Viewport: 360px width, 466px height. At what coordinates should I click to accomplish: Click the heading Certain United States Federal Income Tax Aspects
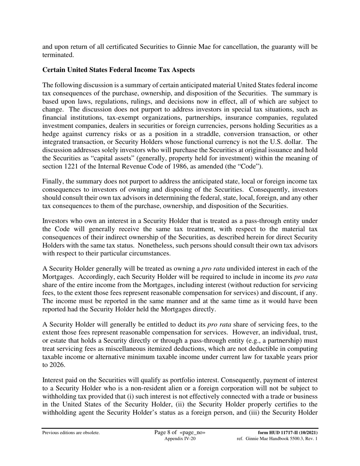point(119,70)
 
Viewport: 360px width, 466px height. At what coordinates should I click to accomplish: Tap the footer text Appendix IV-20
point(180,439)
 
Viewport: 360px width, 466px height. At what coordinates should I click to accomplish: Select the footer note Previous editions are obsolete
point(71,433)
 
